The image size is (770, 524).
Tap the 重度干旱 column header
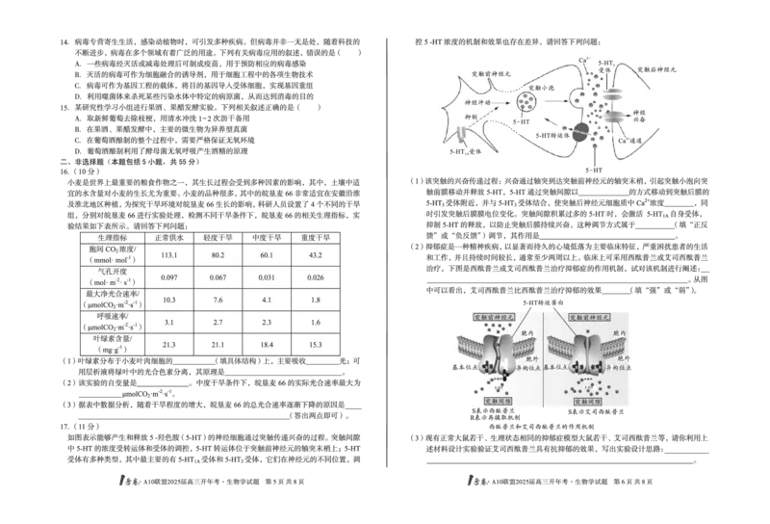[314, 237]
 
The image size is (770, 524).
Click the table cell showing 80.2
[214, 255]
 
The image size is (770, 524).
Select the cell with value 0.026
[314, 277]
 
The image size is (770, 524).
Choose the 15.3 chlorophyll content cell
[314, 344]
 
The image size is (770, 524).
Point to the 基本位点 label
[563, 367]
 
